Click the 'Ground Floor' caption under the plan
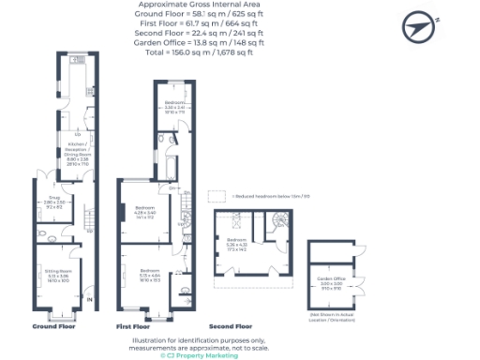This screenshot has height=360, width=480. click(x=52, y=326)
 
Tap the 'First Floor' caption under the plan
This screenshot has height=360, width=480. click(x=133, y=326)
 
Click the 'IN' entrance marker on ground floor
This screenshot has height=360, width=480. click(x=90, y=300)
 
